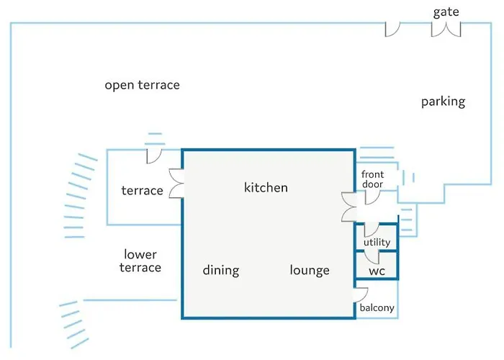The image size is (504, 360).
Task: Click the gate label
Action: click(446, 12)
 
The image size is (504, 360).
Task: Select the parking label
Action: click(444, 102)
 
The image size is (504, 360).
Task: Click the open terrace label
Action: click(142, 85)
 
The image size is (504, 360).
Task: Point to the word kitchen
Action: click(266, 187)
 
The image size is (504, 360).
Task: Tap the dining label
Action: click(221, 270)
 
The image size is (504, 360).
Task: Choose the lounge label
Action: click(310, 270)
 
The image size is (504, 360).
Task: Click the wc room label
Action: click(377, 271)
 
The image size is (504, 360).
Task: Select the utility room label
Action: click(377, 242)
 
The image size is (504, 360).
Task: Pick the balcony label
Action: click(377, 308)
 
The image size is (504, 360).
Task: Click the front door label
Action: click(372, 179)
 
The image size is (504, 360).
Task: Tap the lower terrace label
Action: click(140, 261)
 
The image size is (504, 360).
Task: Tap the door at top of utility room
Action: click(372, 231)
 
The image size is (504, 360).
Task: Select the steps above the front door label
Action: click(377, 153)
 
